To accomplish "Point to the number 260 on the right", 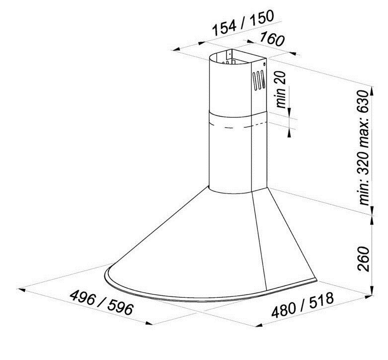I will [x=365, y=258].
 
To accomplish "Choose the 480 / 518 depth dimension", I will [x=302, y=307].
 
